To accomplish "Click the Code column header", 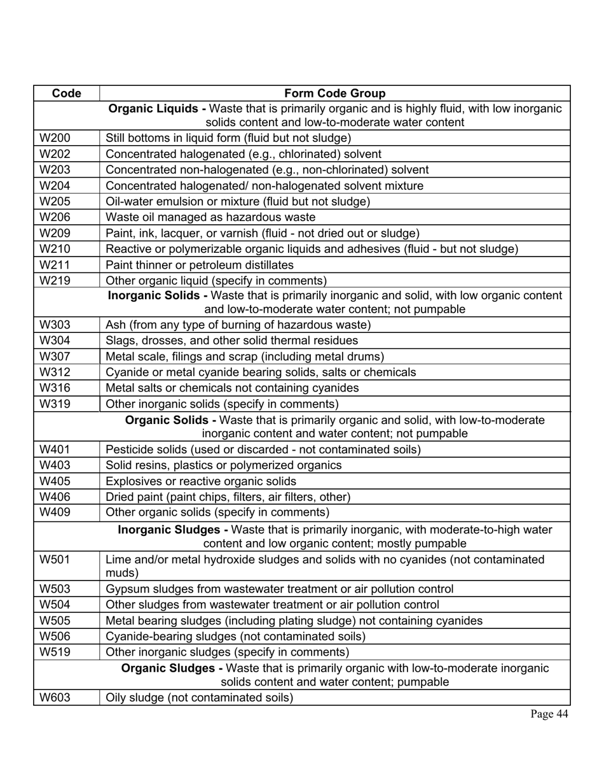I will [66, 94].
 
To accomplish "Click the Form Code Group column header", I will [334, 94].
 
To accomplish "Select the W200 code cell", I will [55, 138].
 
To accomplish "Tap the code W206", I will [55, 217].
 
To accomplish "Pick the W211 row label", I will [55, 264].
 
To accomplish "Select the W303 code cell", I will [55, 325].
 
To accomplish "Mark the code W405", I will [55, 481].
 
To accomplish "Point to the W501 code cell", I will [55, 560].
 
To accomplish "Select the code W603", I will [55, 698].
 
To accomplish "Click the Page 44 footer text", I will [549, 714].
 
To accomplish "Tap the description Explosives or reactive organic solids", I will [201, 481].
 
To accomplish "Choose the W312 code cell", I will [55, 372].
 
